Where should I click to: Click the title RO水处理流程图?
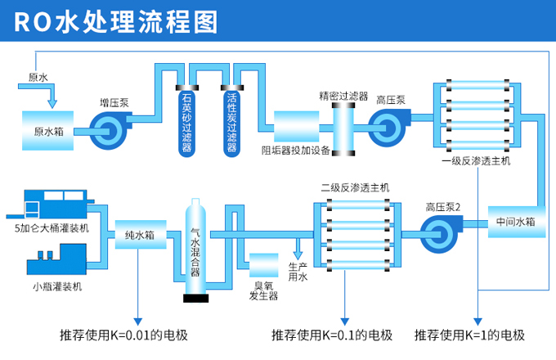click(x=115, y=21)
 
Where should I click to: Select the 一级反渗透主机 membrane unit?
click(x=474, y=115)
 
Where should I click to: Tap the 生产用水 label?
click(x=298, y=272)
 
